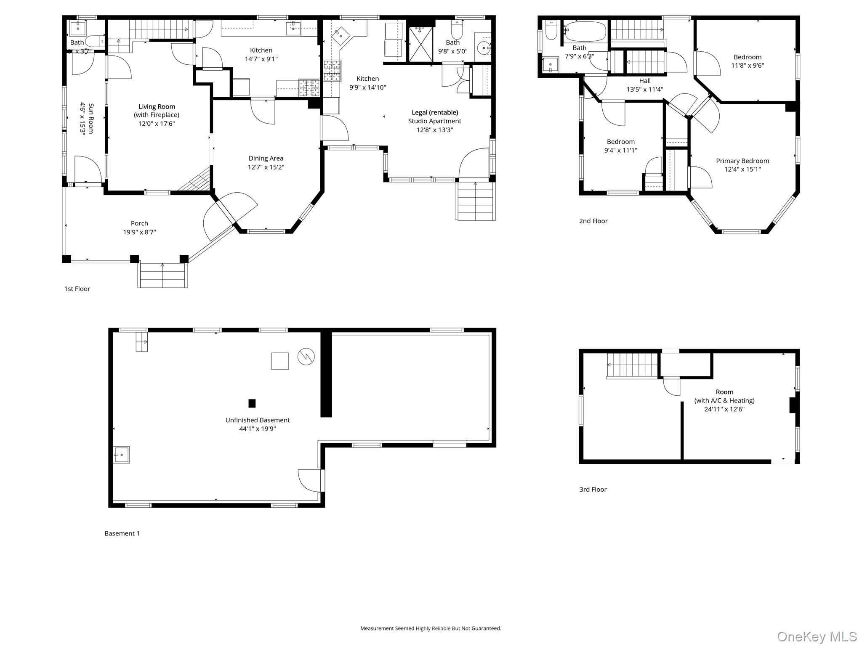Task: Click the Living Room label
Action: pos(157,107)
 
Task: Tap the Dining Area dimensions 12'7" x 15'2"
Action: pos(266,167)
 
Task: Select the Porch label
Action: pos(139,223)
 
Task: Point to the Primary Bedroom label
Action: pos(742,161)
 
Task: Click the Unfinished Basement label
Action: pos(257,420)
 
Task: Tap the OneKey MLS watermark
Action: pos(817,636)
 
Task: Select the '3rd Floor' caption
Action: pos(593,490)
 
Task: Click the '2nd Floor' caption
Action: pos(593,221)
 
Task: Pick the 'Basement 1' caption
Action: pos(122,534)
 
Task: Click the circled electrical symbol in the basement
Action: pos(306,357)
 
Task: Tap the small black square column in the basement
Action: pos(252,403)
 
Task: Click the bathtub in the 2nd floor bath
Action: pos(585,32)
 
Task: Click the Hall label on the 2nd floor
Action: pos(644,81)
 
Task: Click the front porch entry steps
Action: pos(162,275)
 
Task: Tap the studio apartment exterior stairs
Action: pos(476,201)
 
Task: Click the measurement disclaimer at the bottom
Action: pos(431,628)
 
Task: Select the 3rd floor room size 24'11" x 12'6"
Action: pos(724,409)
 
